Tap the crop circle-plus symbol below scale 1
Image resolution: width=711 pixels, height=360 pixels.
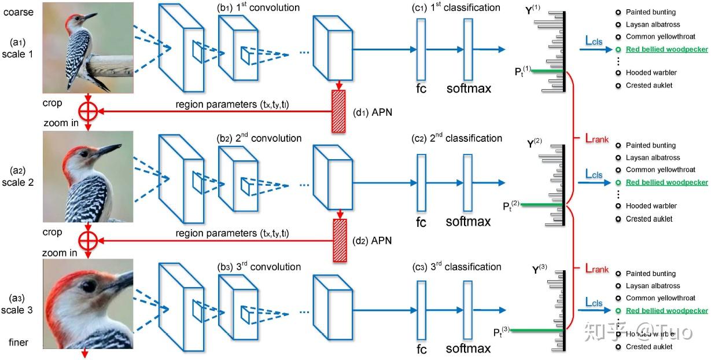(87, 112)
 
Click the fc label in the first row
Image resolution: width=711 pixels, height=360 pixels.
(421, 88)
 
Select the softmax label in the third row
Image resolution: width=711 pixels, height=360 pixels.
(468, 349)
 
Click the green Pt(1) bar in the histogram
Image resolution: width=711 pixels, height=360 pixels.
(547, 71)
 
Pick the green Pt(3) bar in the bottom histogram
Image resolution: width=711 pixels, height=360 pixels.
(537, 330)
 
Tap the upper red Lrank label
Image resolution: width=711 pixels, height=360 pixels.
(596, 139)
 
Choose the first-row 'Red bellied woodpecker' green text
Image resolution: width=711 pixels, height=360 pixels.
(666, 50)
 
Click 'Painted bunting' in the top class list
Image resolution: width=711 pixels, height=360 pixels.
(651, 12)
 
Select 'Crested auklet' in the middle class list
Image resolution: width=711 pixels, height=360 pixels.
(649, 219)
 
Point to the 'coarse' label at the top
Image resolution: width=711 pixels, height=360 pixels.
(17, 12)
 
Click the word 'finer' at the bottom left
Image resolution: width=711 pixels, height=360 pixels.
(18, 342)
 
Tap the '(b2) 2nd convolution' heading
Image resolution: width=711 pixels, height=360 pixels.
(259, 138)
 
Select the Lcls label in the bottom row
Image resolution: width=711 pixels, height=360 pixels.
(594, 302)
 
